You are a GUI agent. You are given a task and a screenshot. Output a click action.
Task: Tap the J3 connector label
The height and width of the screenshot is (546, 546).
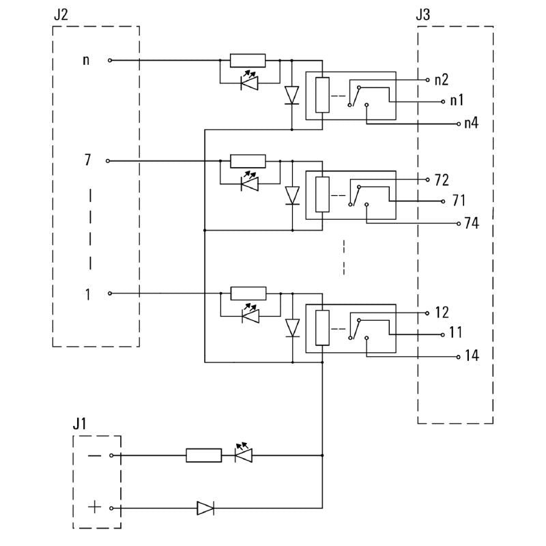[x=422, y=14]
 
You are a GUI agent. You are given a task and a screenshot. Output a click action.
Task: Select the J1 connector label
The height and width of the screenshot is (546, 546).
[x=80, y=423]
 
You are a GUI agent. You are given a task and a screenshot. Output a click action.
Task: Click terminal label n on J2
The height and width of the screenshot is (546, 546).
[x=86, y=60]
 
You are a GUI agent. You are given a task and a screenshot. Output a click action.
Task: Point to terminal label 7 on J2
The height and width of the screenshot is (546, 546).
[x=87, y=161]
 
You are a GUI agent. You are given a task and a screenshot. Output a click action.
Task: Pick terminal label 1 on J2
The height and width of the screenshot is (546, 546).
[x=87, y=294]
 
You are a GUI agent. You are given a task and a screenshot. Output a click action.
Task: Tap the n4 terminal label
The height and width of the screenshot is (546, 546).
[x=471, y=124]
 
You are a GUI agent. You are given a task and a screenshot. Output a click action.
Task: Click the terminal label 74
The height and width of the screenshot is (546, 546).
[x=471, y=224]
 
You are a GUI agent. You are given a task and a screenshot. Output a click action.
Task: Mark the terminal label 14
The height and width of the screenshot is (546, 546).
[x=471, y=356]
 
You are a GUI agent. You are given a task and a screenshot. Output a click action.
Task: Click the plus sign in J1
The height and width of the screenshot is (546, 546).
[x=94, y=508]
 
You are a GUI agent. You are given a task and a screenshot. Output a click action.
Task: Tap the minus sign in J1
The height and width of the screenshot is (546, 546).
[x=94, y=455]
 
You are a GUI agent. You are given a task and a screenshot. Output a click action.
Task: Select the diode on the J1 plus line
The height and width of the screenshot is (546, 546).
[x=205, y=508]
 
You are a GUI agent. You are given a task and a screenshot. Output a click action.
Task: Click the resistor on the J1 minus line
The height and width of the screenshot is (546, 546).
[x=203, y=455]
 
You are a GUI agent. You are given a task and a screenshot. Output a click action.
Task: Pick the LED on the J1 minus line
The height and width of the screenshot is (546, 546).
[x=244, y=454]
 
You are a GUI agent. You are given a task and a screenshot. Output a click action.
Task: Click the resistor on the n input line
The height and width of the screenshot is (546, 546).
[x=248, y=60]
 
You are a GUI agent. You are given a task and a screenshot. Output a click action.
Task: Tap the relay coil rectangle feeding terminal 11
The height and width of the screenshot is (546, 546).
[x=322, y=326]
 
